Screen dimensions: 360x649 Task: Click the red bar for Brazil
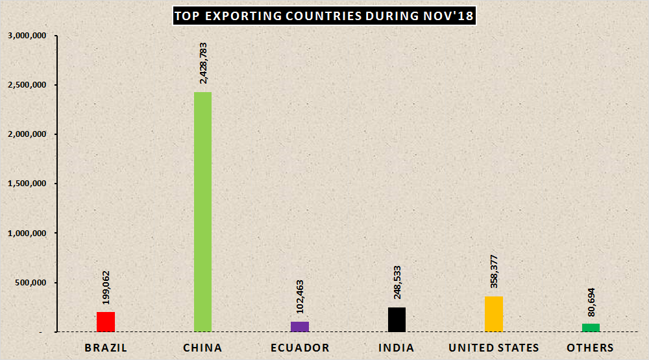point(106,322)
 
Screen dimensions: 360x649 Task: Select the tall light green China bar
point(202,211)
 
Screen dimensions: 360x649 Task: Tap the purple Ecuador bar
point(300,326)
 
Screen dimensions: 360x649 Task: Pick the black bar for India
point(397,319)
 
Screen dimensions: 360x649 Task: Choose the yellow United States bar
point(494,314)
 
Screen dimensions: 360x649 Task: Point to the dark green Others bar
point(591,328)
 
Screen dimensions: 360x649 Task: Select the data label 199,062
point(106,286)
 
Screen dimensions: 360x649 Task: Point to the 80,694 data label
point(591,302)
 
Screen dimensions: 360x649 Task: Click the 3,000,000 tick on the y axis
point(27,36)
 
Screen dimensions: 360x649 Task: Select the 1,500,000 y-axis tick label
point(27,184)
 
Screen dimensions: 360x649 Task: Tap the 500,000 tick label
point(31,283)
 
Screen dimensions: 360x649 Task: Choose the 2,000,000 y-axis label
point(27,134)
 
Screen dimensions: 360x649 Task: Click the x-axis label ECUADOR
point(300,348)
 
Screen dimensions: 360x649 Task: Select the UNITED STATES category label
point(494,348)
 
